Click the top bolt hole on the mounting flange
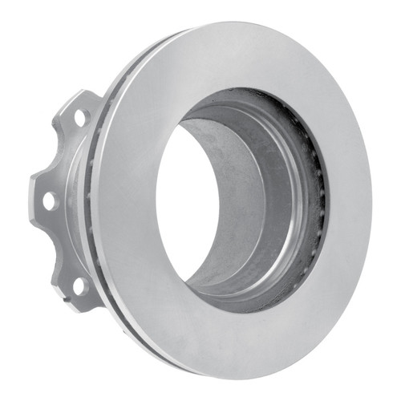80,117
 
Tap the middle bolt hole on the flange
49,200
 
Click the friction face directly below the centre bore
233,337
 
